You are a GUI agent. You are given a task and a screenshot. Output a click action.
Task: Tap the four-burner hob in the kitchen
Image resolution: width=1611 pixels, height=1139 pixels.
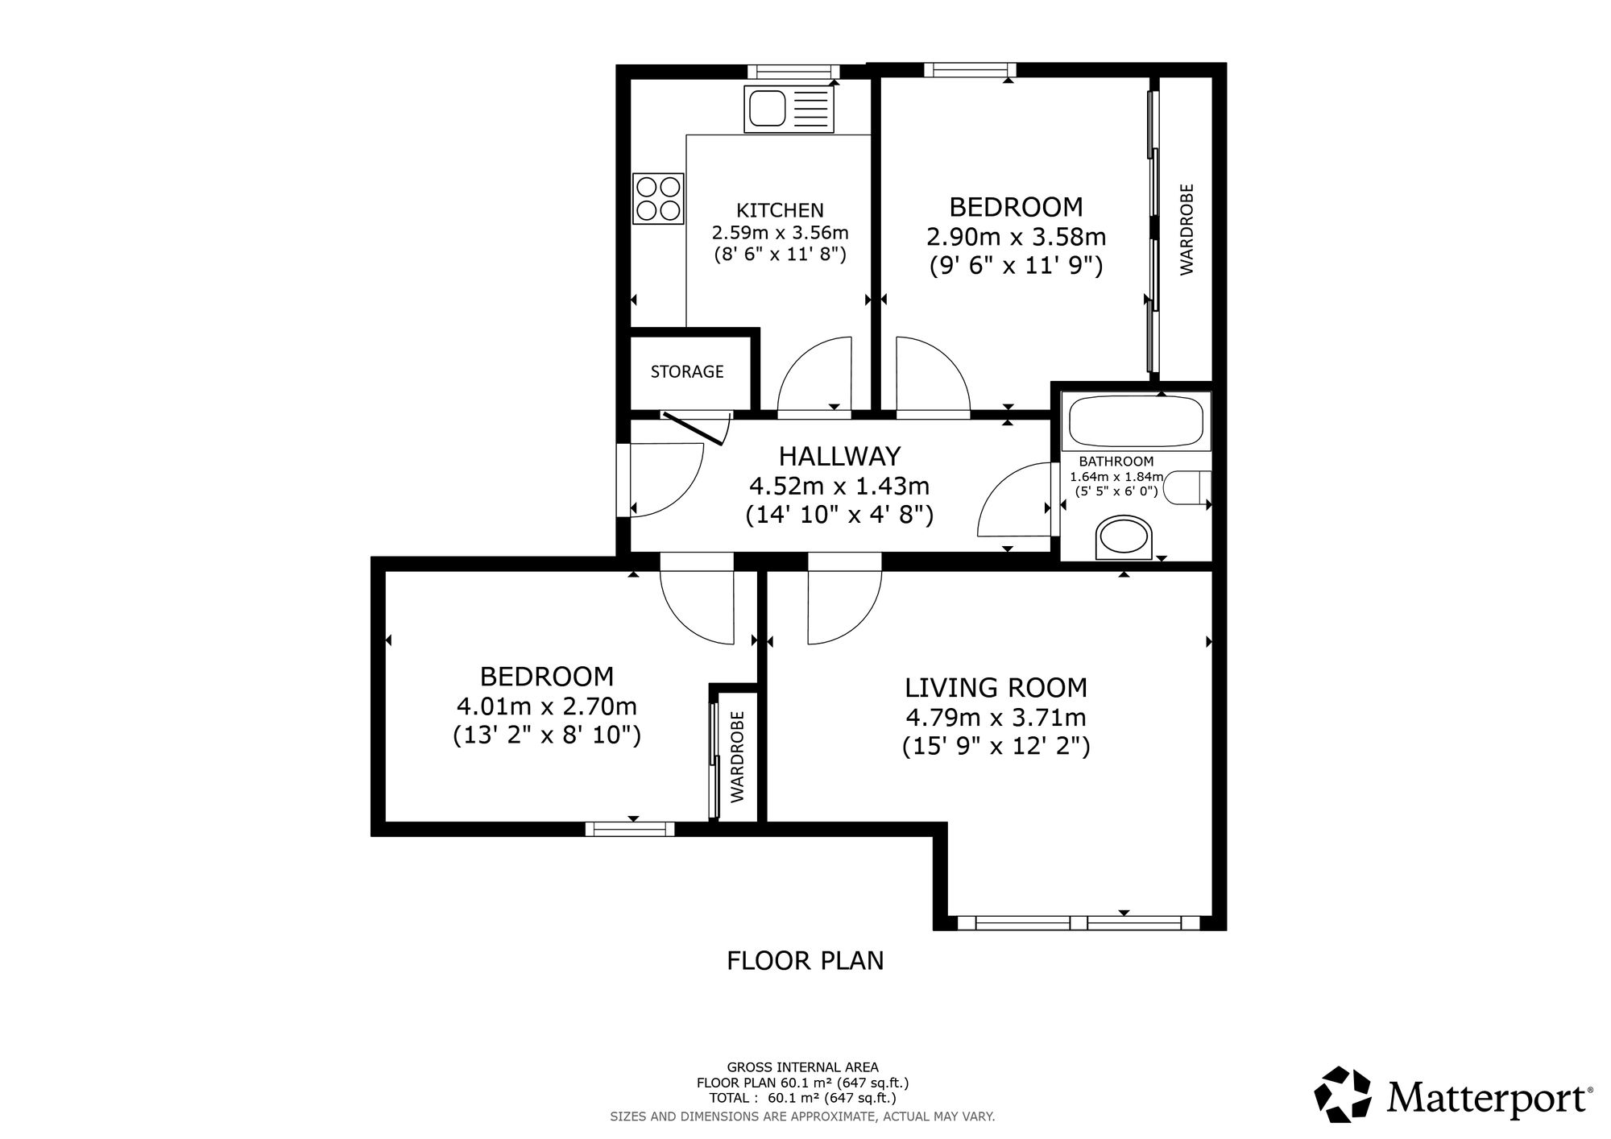[658, 198]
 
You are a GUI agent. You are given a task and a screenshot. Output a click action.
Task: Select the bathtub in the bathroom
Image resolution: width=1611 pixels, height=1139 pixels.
[1136, 420]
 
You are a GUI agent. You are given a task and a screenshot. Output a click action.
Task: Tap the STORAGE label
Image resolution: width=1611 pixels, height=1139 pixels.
[687, 371]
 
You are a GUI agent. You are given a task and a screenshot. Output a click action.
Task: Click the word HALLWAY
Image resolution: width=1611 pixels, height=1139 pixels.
[839, 457]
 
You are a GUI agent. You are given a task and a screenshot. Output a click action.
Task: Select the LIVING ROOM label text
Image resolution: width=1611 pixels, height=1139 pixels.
[996, 688]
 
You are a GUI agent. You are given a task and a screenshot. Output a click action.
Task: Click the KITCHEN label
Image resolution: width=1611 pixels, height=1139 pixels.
[781, 211]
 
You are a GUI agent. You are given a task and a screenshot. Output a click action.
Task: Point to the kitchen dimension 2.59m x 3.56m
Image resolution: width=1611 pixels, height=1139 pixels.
[780, 233]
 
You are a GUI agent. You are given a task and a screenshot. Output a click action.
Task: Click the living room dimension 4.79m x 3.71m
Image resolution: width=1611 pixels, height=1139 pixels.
[996, 717]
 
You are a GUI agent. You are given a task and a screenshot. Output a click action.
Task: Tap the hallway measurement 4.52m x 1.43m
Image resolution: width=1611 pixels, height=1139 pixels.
[839, 487]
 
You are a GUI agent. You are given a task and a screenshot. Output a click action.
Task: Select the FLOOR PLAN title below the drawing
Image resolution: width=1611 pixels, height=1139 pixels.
[805, 961]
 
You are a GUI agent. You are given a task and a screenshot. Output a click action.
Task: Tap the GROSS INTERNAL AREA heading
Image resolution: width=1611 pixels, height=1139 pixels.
[803, 1068]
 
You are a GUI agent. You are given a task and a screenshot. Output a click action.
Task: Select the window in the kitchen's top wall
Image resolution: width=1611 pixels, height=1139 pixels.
[793, 71]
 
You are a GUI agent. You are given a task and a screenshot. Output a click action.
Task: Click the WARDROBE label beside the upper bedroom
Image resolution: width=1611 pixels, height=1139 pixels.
[1187, 230]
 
